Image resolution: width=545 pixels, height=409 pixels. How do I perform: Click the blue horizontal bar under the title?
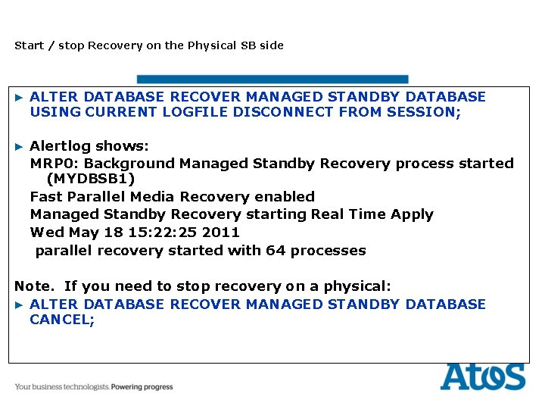click(x=272, y=79)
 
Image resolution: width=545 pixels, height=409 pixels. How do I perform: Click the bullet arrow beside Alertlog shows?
click(x=20, y=145)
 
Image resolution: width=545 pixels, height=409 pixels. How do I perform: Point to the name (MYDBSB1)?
click(x=91, y=179)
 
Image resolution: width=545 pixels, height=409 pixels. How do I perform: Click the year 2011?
click(x=221, y=233)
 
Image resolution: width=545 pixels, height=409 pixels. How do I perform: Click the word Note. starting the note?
click(x=35, y=286)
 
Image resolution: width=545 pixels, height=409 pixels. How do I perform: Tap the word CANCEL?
click(x=62, y=320)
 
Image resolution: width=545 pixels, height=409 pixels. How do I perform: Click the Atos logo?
click(x=482, y=376)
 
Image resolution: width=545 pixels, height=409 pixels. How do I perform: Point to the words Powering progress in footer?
click(x=142, y=387)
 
